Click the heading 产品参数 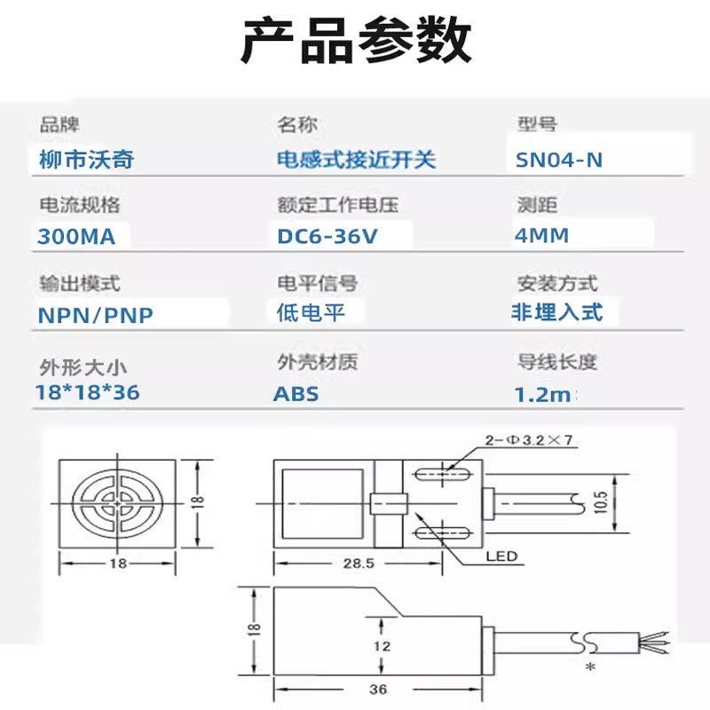coord(355,40)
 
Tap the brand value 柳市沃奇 coord(87,160)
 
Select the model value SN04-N coord(559,160)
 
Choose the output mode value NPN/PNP coord(96,315)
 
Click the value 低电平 coord(310,312)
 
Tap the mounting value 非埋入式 coord(556,312)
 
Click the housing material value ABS coord(296,394)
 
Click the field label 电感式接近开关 coord(357,160)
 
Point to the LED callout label coord(501,557)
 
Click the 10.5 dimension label coord(600,504)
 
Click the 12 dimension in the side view coord(381,647)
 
